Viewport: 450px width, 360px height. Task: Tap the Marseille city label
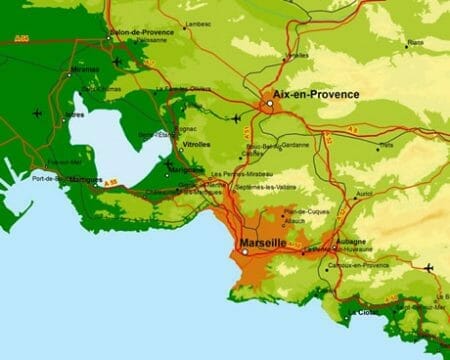click(x=264, y=243)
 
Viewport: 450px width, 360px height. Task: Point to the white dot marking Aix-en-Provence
click(x=269, y=103)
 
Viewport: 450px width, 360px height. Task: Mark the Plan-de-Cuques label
click(x=301, y=211)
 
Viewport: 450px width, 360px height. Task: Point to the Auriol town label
click(x=364, y=193)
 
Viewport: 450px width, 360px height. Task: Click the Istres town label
click(x=76, y=115)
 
